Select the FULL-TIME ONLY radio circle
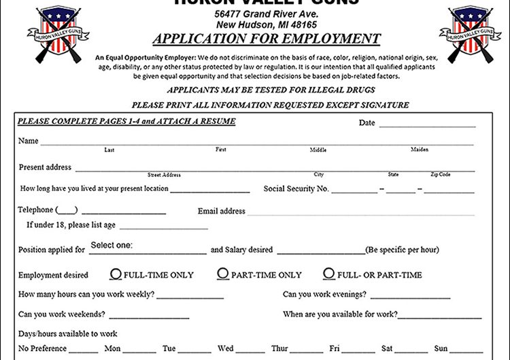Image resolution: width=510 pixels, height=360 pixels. point(116,274)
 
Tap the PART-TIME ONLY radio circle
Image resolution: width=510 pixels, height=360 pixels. point(223,274)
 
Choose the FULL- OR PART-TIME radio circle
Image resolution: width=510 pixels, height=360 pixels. point(329,274)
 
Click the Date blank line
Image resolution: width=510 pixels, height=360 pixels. point(427,125)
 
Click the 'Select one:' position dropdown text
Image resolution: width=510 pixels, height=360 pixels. point(112,246)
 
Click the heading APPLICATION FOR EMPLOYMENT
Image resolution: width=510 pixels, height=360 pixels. point(267,39)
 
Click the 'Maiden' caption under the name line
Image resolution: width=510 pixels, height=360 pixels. point(420,150)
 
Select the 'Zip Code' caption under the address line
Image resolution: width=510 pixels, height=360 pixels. point(440,175)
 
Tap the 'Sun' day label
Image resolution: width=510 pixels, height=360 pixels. point(441,348)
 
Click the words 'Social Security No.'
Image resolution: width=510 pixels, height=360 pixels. point(296,189)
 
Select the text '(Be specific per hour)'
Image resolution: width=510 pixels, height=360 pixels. point(402,250)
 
